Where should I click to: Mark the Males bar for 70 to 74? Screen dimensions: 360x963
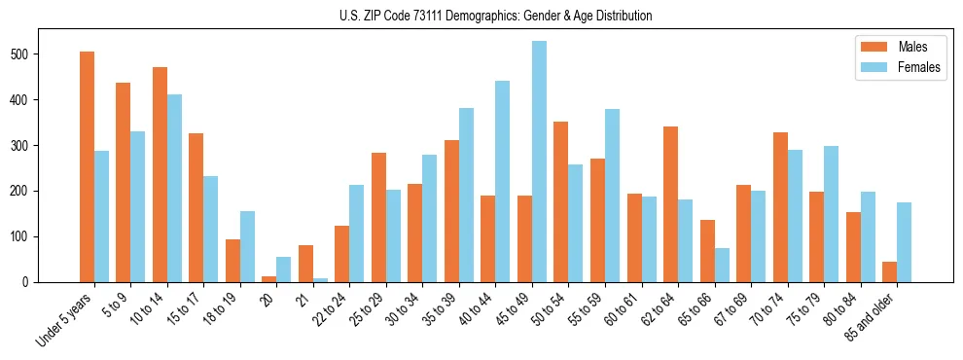coord(780,205)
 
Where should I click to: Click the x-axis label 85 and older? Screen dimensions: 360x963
coord(873,317)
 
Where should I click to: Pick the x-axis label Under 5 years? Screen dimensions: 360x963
coord(66,319)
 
